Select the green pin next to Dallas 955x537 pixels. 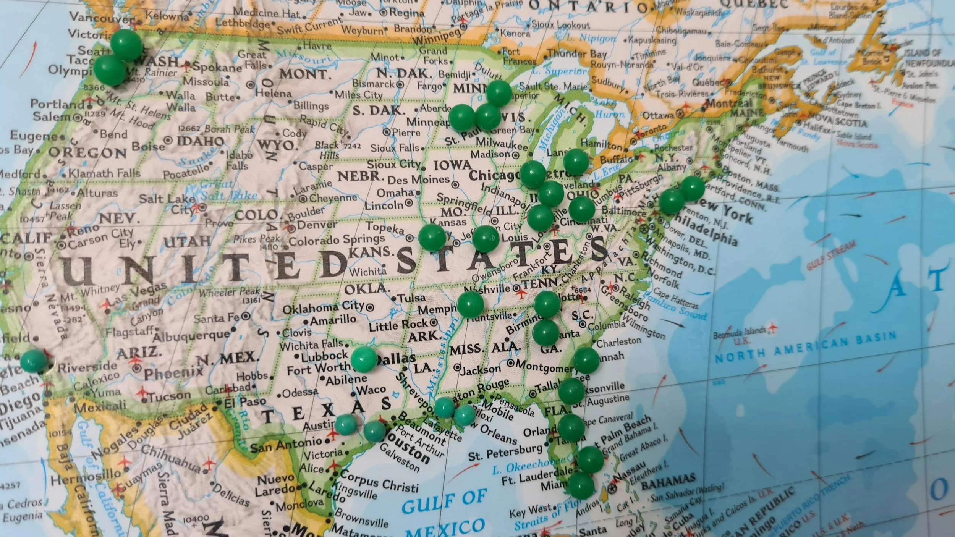click(x=363, y=359)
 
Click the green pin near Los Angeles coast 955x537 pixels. click(x=33, y=361)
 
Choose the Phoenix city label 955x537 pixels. click(x=173, y=372)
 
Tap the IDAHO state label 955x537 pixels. click(x=200, y=141)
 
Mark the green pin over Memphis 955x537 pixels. click(x=470, y=305)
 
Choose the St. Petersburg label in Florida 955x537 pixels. click(x=505, y=452)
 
